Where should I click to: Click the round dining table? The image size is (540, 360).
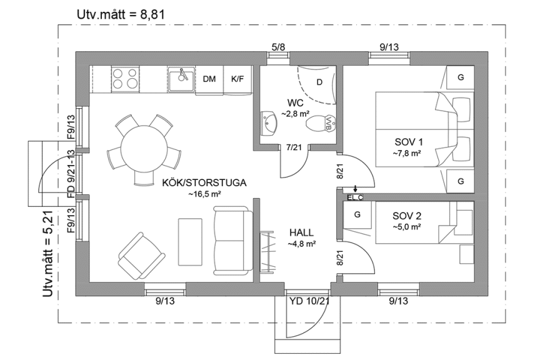pyautogui.click(x=144, y=150)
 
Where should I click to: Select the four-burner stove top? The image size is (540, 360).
pyautogui.click(x=125, y=79)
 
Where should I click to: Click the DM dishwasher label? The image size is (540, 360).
pyautogui.click(x=209, y=79)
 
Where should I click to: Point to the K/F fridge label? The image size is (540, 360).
pyautogui.click(x=237, y=79)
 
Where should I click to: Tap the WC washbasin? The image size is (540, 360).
pyautogui.click(x=269, y=122)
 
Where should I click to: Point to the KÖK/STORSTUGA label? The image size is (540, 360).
pyautogui.click(x=204, y=182)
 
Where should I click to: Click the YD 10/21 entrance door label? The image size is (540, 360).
pyautogui.click(x=310, y=301)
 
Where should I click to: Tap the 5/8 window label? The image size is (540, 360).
pyautogui.click(x=278, y=46)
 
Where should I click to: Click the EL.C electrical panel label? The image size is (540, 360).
pyautogui.click(x=354, y=197)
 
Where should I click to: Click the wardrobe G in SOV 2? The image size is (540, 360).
pyautogui.click(x=358, y=214)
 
